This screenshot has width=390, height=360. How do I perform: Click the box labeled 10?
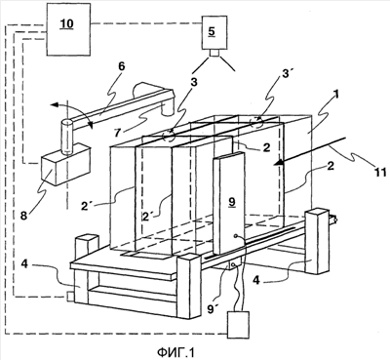point(68,29)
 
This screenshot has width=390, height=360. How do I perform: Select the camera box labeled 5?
point(212,32)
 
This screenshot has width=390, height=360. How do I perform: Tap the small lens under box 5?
point(214,54)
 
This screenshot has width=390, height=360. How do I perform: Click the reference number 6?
point(122,66)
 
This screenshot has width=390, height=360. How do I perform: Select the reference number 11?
point(380,172)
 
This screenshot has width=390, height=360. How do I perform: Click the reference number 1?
point(337,95)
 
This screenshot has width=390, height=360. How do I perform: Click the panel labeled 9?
point(230,203)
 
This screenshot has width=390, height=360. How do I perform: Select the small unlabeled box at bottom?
point(239,325)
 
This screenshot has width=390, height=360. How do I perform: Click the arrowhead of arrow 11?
point(278,162)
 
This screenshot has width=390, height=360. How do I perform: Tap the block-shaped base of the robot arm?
point(65,164)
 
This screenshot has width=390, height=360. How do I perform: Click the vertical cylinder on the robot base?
point(67,137)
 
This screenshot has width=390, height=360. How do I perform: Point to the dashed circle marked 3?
point(169,136)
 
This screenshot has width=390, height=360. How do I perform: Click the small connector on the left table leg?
point(69,296)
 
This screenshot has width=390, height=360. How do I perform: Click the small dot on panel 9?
point(237,236)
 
